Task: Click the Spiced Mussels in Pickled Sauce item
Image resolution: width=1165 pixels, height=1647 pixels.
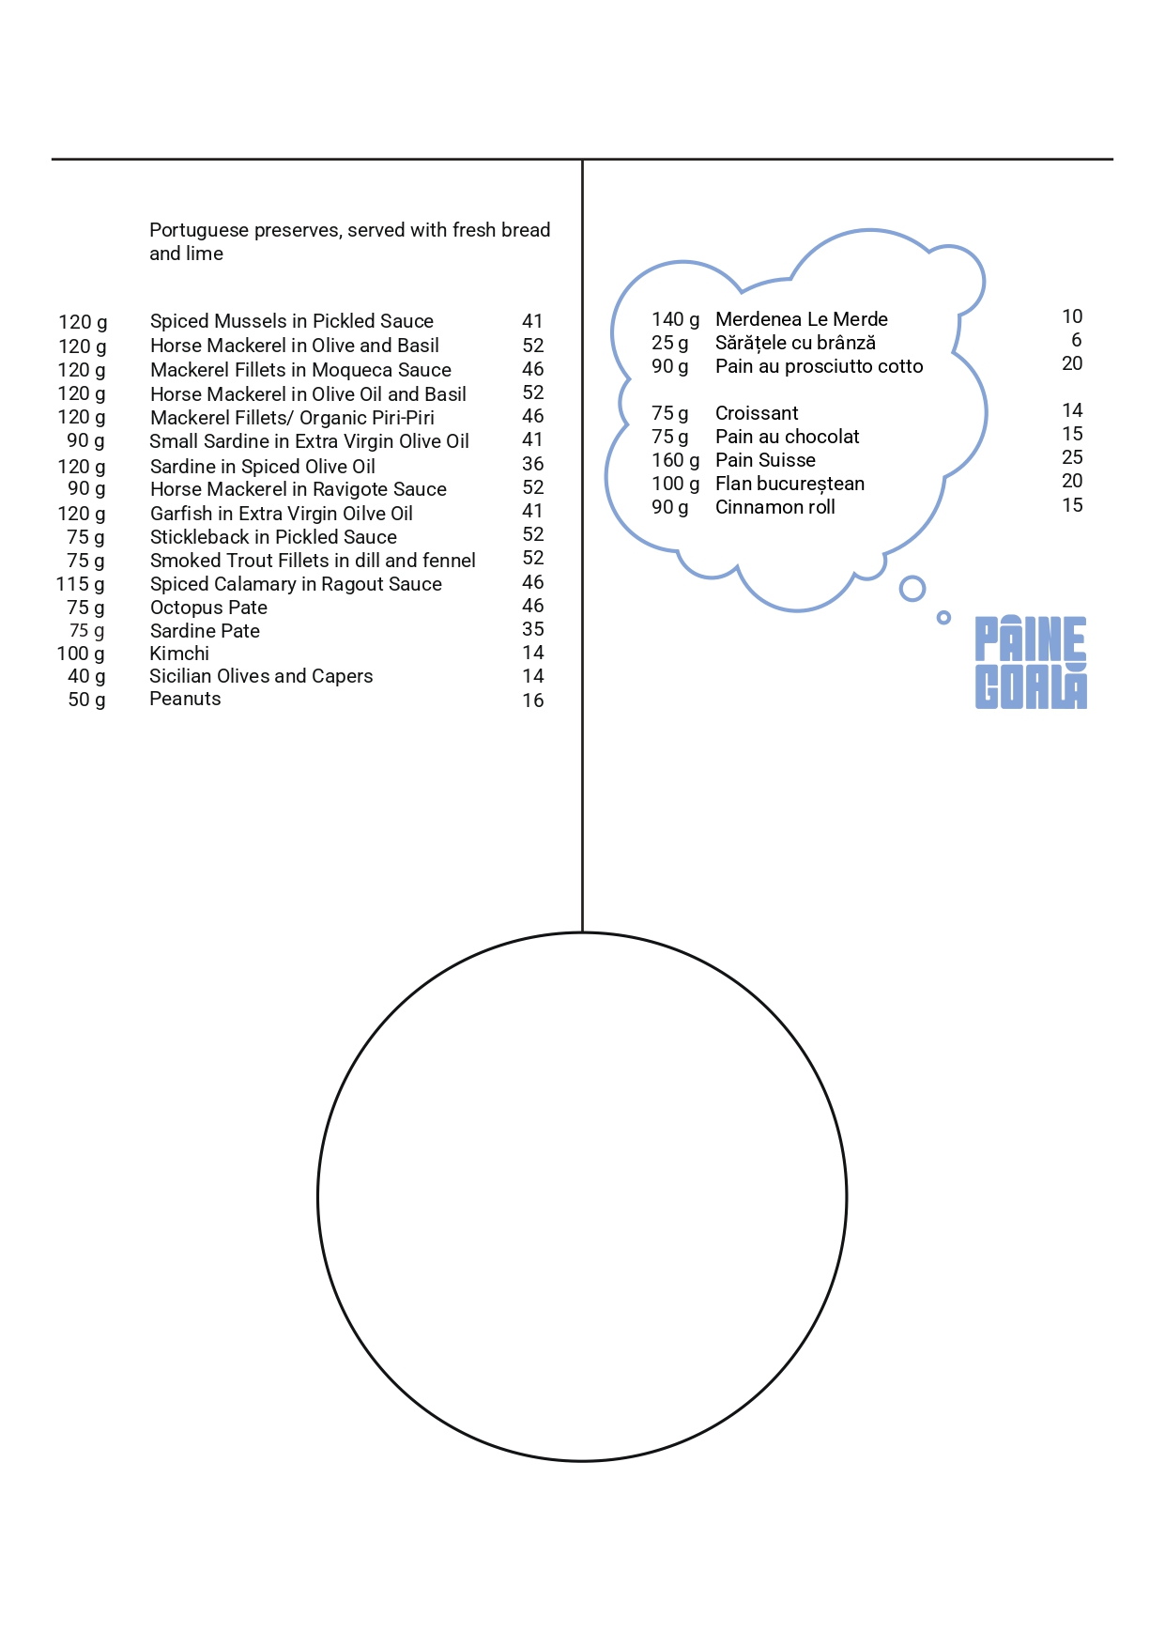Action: (291, 321)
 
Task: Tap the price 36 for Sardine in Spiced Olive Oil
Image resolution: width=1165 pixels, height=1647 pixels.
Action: (532, 464)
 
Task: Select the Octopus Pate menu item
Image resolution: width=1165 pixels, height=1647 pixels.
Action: (208, 608)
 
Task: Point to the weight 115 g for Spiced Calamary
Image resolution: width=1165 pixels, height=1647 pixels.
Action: (81, 584)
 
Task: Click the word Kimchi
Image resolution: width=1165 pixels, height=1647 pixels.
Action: (179, 654)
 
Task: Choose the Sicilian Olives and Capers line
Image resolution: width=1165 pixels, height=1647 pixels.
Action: (261, 676)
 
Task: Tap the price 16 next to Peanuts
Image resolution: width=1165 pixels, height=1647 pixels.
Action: (532, 700)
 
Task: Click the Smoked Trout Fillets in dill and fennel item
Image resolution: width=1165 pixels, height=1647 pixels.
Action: (313, 561)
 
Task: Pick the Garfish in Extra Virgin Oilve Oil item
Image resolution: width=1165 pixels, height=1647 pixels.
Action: (281, 514)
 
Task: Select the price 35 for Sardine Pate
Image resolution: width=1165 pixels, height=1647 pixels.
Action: (532, 629)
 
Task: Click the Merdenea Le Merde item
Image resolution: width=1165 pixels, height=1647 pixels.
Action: (801, 319)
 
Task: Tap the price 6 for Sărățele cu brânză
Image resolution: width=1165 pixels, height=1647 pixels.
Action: (1076, 340)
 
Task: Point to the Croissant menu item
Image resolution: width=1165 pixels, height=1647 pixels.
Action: (757, 413)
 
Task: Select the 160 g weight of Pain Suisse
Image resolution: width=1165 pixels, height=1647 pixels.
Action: (675, 460)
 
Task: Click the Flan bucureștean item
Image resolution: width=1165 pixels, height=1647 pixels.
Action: (789, 484)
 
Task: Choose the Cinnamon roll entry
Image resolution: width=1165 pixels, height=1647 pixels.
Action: (774, 507)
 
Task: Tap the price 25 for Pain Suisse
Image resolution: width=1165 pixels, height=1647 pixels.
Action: (1072, 457)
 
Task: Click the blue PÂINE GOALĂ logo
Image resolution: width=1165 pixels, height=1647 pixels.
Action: (1030, 662)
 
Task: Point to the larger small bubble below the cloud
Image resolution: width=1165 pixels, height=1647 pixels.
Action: (912, 589)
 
